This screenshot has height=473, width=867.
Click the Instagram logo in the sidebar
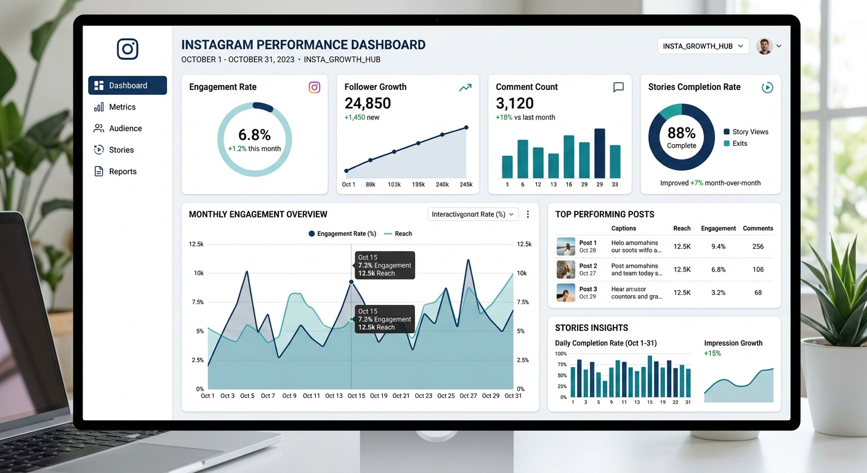click(127, 49)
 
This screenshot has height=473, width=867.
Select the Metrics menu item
click(122, 107)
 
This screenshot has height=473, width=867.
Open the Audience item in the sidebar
click(125, 129)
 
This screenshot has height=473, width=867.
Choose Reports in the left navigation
click(123, 172)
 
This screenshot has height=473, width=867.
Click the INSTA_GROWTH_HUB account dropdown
click(703, 46)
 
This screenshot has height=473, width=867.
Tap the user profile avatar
click(764, 46)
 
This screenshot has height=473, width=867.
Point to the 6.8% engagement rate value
click(254, 135)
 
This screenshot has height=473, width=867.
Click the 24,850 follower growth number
click(368, 103)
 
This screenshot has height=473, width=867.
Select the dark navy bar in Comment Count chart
click(599, 153)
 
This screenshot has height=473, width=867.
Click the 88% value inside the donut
click(681, 133)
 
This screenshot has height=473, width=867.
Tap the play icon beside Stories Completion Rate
click(767, 87)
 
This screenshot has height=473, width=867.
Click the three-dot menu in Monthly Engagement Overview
click(528, 214)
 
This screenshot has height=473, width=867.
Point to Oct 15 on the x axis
click(356, 396)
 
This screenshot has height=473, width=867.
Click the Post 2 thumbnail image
click(565, 270)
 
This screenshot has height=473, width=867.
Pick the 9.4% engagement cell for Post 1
click(718, 246)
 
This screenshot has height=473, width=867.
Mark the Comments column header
click(757, 228)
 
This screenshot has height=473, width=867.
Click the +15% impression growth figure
click(712, 354)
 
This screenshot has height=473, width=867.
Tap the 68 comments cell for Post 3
click(757, 293)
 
